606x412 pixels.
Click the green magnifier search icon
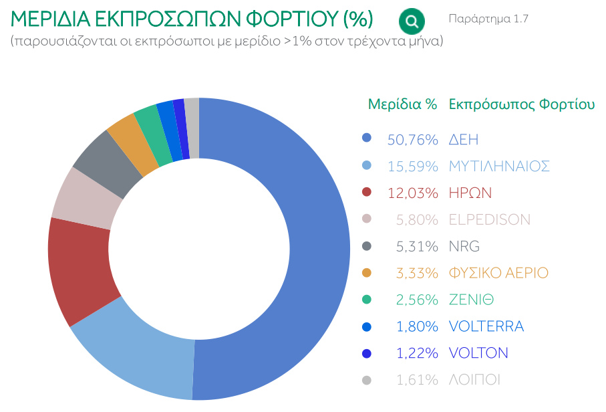coord(412,21)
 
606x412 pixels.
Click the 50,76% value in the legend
coord(412,140)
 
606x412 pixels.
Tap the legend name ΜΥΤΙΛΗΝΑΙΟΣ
coord(499,167)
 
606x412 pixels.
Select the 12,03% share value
coord(412,193)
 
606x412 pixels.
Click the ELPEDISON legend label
coord(490,220)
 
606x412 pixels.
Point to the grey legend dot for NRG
coord(366,246)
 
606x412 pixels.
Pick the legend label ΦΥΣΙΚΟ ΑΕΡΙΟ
coord(498,273)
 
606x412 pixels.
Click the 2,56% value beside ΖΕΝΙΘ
coord(417,300)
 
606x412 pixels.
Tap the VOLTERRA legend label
coord(486,326)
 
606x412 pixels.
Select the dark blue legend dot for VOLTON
coord(366,353)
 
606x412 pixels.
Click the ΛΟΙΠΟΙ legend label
coord(475,380)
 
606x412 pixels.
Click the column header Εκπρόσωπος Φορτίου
coord(522,104)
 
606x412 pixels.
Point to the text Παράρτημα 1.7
coord(488,19)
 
